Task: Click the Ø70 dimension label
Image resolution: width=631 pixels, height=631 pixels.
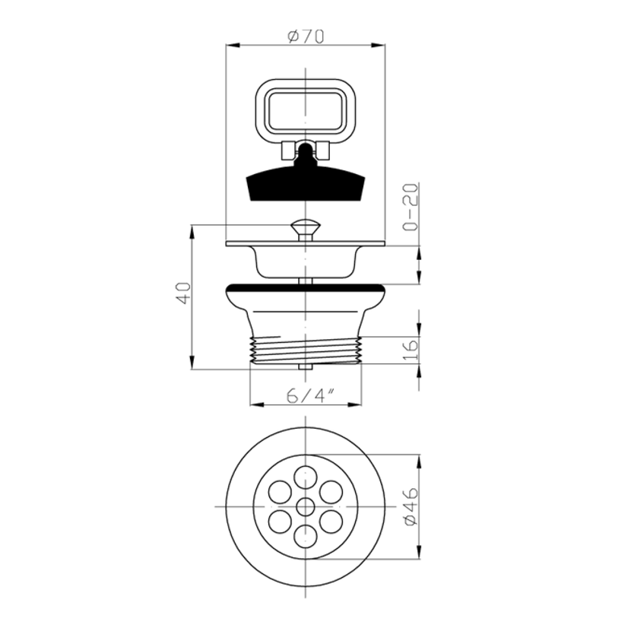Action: pyautogui.click(x=306, y=36)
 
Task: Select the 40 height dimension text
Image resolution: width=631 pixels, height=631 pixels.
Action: pyautogui.click(x=183, y=293)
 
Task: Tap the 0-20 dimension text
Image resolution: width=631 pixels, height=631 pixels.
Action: pyautogui.click(x=410, y=208)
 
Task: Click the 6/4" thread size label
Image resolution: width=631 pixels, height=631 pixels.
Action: pyautogui.click(x=311, y=396)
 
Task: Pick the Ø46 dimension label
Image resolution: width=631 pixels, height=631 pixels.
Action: pyautogui.click(x=411, y=507)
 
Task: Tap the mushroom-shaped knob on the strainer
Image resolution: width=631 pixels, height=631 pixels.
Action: pyautogui.click(x=306, y=229)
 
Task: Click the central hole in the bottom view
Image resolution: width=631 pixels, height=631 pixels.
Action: pyautogui.click(x=306, y=507)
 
